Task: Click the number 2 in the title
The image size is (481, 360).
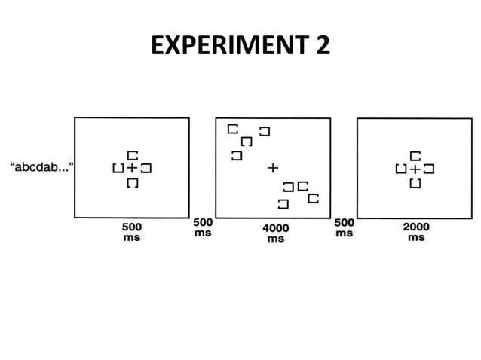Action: pyautogui.click(x=323, y=47)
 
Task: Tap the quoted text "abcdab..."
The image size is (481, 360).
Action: pyautogui.click(x=41, y=165)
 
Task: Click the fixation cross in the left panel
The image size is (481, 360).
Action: pyautogui.click(x=132, y=168)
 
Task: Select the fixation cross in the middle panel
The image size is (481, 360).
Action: pyautogui.click(x=273, y=167)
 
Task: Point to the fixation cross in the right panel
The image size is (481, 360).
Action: pyautogui.click(x=415, y=168)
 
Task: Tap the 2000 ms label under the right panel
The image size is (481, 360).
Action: pyautogui.click(x=415, y=231)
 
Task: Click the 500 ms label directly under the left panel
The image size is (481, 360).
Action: pyautogui.click(x=132, y=231)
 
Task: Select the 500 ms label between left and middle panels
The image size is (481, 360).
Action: pyautogui.click(x=203, y=227)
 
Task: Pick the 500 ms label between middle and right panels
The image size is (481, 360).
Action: pyautogui.click(x=344, y=227)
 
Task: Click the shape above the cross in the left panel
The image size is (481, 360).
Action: pyautogui.click(x=132, y=154)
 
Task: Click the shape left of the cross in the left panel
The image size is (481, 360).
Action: pyautogui.click(x=118, y=168)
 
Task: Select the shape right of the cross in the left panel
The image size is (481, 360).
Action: pyautogui.click(x=146, y=168)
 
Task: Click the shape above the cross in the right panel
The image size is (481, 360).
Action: pyautogui.click(x=415, y=154)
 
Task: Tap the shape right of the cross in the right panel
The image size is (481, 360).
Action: pyautogui.click(x=429, y=168)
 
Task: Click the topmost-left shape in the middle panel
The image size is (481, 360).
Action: pyautogui.click(x=233, y=129)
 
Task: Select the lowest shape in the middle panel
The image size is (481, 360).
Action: pyautogui.click(x=283, y=203)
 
